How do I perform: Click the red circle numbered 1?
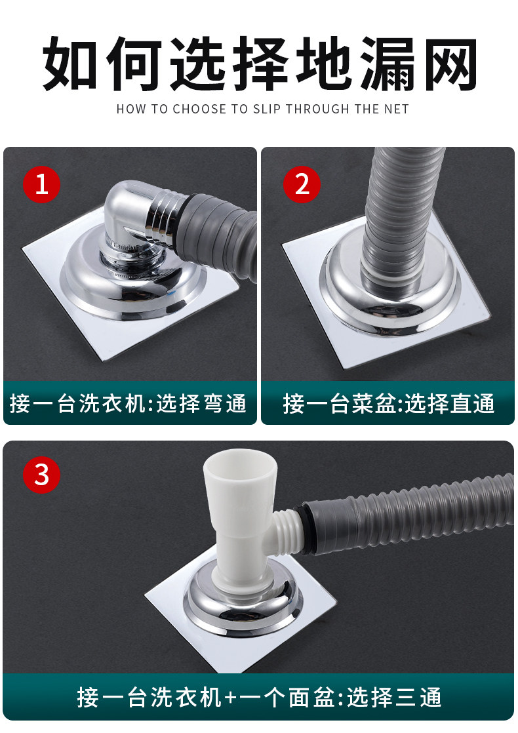(41, 184)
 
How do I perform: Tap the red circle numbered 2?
(302, 184)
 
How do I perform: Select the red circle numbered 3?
(41, 475)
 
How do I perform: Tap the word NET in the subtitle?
(397, 109)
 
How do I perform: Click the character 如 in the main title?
(70, 63)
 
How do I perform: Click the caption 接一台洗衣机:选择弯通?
(128, 404)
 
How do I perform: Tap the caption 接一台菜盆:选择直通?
(388, 404)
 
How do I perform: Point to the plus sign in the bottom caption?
(229, 698)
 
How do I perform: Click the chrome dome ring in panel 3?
(243, 617)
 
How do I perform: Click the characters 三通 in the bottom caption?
(418, 698)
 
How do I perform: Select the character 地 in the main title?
(323, 63)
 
